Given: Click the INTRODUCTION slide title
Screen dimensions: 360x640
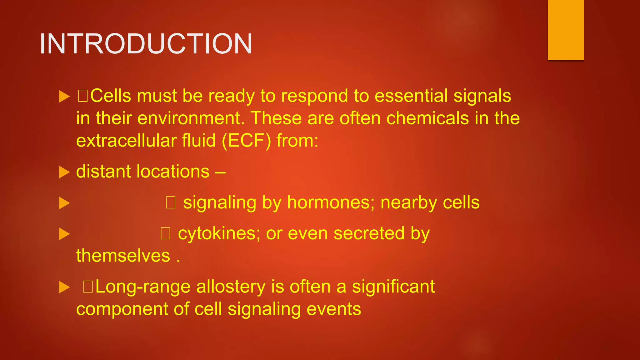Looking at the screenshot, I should [146, 44].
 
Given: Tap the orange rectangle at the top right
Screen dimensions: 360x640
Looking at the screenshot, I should [566, 30].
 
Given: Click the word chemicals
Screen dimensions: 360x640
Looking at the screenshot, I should [427, 118].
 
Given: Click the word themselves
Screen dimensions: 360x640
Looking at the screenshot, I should [123, 256].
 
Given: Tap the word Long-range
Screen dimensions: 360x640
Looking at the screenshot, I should [143, 287].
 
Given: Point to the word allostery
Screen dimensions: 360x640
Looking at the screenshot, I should [231, 287].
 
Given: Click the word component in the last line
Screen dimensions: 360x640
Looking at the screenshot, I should [122, 309].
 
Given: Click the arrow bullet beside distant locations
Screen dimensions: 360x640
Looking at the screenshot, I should [64, 172].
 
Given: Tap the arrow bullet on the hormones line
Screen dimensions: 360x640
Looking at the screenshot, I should [64, 203].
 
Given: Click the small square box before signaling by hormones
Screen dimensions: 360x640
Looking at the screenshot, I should [171, 202].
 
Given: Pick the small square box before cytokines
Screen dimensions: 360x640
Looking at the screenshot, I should [165, 233].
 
